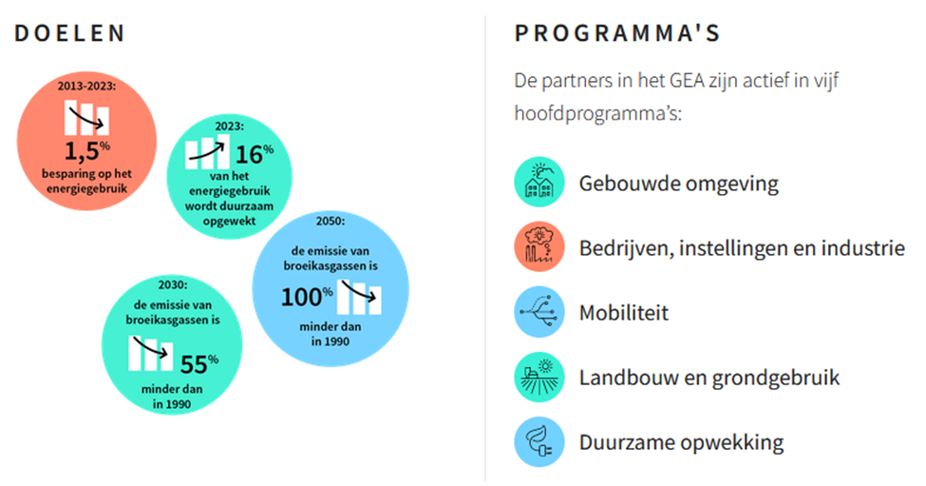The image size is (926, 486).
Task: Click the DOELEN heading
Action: [69, 33]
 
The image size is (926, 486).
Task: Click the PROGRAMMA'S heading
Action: [617, 33]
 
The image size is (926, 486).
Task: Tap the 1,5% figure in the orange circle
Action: [86, 151]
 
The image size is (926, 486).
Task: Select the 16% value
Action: [255, 154]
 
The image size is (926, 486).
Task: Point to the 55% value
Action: [199, 363]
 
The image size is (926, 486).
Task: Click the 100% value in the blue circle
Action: [307, 296]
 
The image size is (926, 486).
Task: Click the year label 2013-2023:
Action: [86, 87]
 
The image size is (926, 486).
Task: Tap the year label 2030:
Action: [173, 285]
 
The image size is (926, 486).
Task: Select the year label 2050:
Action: [331, 221]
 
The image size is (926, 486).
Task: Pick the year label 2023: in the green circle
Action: [229, 126]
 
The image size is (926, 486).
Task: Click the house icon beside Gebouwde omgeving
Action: [539, 182]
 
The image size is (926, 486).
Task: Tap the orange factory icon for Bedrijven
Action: [539, 247]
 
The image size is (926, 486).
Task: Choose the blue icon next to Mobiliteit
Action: [539, 312]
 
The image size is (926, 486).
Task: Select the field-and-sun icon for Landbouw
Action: [539, 378]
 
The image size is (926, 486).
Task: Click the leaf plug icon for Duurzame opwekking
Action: [539, 442]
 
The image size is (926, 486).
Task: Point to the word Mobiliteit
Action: [624, 313]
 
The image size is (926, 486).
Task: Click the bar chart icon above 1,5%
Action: [86, 118]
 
